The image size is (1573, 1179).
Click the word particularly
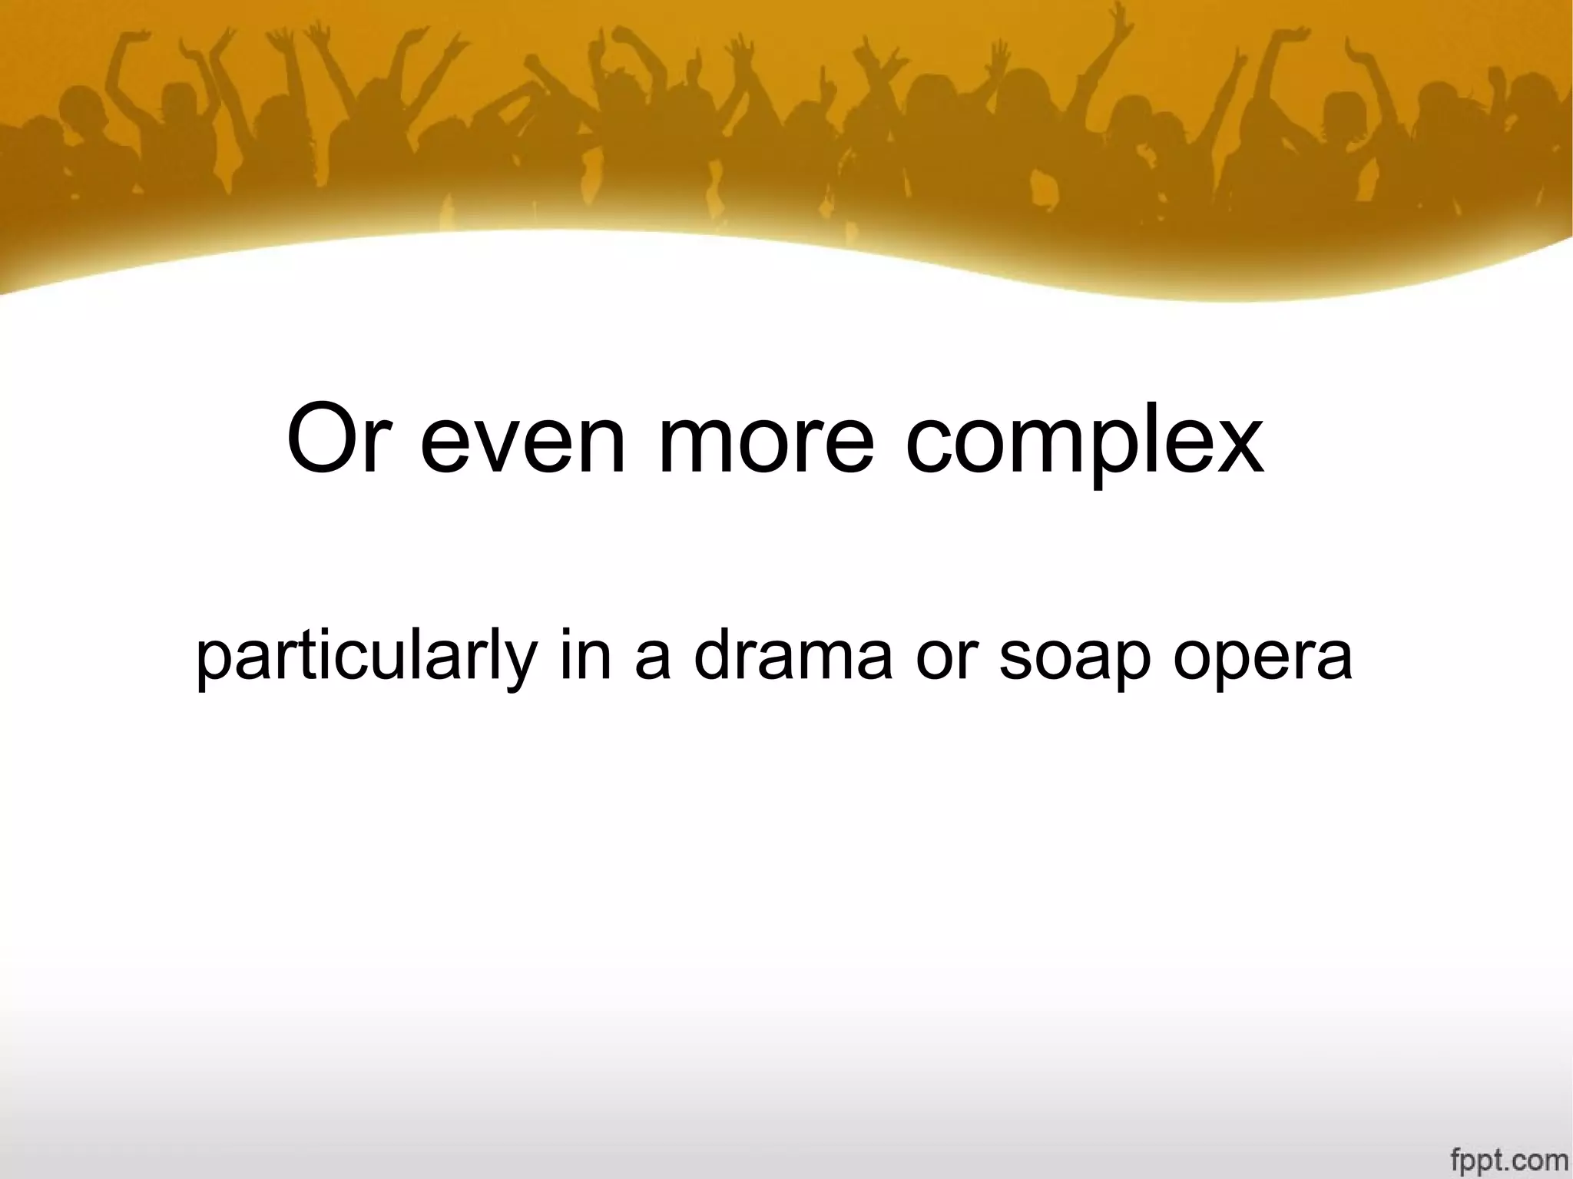pos(365,659)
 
